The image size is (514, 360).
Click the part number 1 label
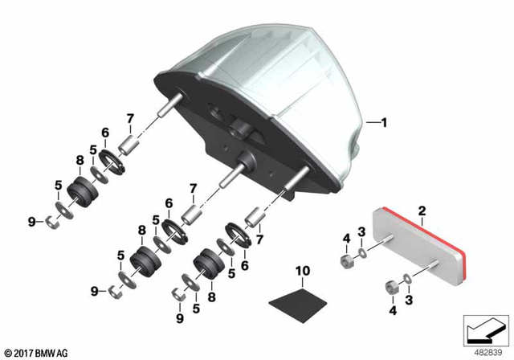[384, 123]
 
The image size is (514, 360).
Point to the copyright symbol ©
[7, 353]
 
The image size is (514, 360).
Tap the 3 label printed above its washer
[361, 232]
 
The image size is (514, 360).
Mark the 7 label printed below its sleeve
[259, 239]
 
